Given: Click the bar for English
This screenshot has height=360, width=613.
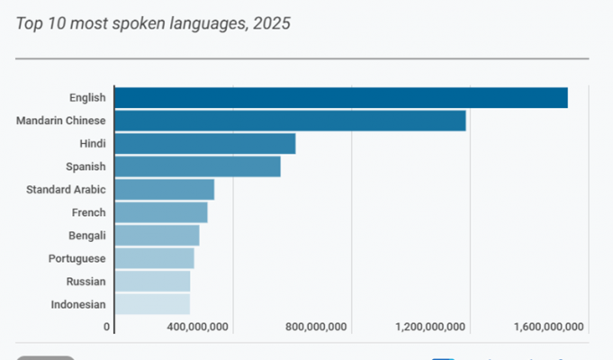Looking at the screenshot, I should click(x=340, y=98).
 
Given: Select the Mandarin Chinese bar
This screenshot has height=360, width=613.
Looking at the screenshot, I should click(x=290, y=121).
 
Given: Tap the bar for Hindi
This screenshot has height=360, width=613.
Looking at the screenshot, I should click(x=205, y=144).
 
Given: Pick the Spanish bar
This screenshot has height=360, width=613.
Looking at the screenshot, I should click(x=197, y=166).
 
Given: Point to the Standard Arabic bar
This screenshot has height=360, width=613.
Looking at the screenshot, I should click(x=164, y=190).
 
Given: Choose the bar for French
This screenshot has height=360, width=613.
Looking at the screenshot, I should click(x=161, y=212).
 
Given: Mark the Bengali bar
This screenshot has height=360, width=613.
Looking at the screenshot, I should click(x=157, y=236).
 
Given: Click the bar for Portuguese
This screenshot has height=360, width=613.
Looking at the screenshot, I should click(x=154, y=258).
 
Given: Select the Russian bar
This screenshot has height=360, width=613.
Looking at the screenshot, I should click(x=152, y=282).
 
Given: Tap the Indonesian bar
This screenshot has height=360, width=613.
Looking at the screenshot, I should click(x=152, y=304).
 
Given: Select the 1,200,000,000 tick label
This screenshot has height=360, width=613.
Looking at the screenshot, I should click(x=430, y=327).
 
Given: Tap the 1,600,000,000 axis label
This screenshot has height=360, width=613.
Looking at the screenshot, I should click(x=549, y=327).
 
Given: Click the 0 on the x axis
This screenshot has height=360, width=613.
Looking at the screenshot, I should click(x=106, y=327).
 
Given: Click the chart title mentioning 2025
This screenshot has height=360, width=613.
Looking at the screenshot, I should click(x=153, y=23).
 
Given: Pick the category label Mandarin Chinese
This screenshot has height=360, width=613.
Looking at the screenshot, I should click(x=61, y=121).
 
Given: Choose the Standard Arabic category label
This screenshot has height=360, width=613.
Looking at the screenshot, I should click(x=66, y=190).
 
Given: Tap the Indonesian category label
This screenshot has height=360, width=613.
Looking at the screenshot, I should click(x=78, y=304).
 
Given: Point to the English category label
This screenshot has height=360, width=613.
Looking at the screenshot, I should click(x=87, y=98).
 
